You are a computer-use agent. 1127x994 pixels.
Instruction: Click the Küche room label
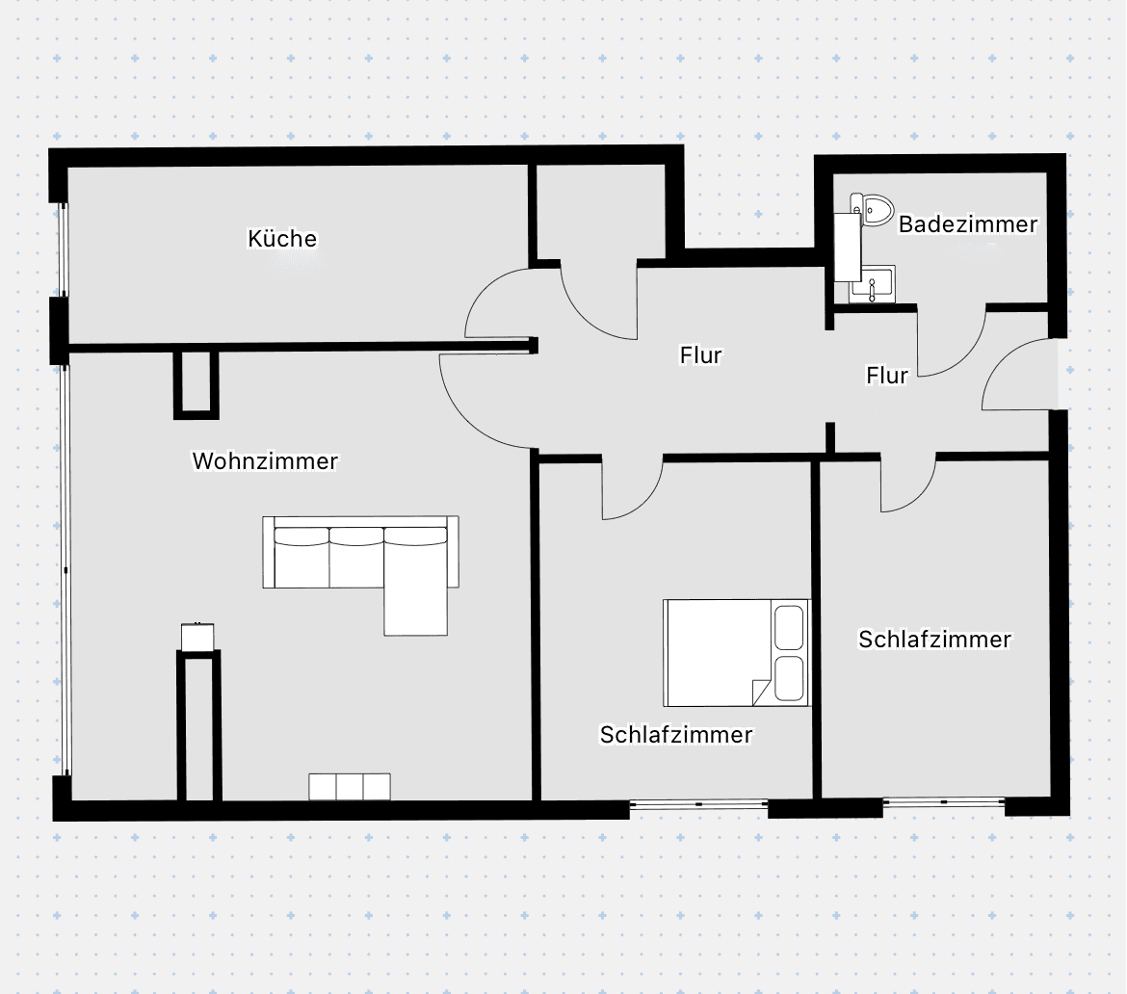[282, 239]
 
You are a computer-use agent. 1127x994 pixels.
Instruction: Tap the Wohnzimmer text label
[265, 461]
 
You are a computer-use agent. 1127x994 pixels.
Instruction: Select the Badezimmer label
[967, 224]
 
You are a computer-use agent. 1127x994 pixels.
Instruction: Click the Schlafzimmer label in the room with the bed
[675, 735]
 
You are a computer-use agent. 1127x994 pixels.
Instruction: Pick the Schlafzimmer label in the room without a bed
[934, 640]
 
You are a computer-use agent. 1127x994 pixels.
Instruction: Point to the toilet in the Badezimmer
[874, 208]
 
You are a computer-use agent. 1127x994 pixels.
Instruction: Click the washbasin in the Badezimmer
[873, 285]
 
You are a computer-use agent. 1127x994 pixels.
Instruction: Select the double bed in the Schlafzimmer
[732, 653]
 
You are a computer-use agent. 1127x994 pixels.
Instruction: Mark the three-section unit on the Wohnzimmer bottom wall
[349, 786]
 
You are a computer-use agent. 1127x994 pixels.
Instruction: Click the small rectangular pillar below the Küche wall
[196, 384]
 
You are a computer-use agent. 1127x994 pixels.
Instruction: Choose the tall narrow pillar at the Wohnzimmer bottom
[199, 727]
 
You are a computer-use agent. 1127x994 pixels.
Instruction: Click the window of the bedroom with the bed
[698, 803]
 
